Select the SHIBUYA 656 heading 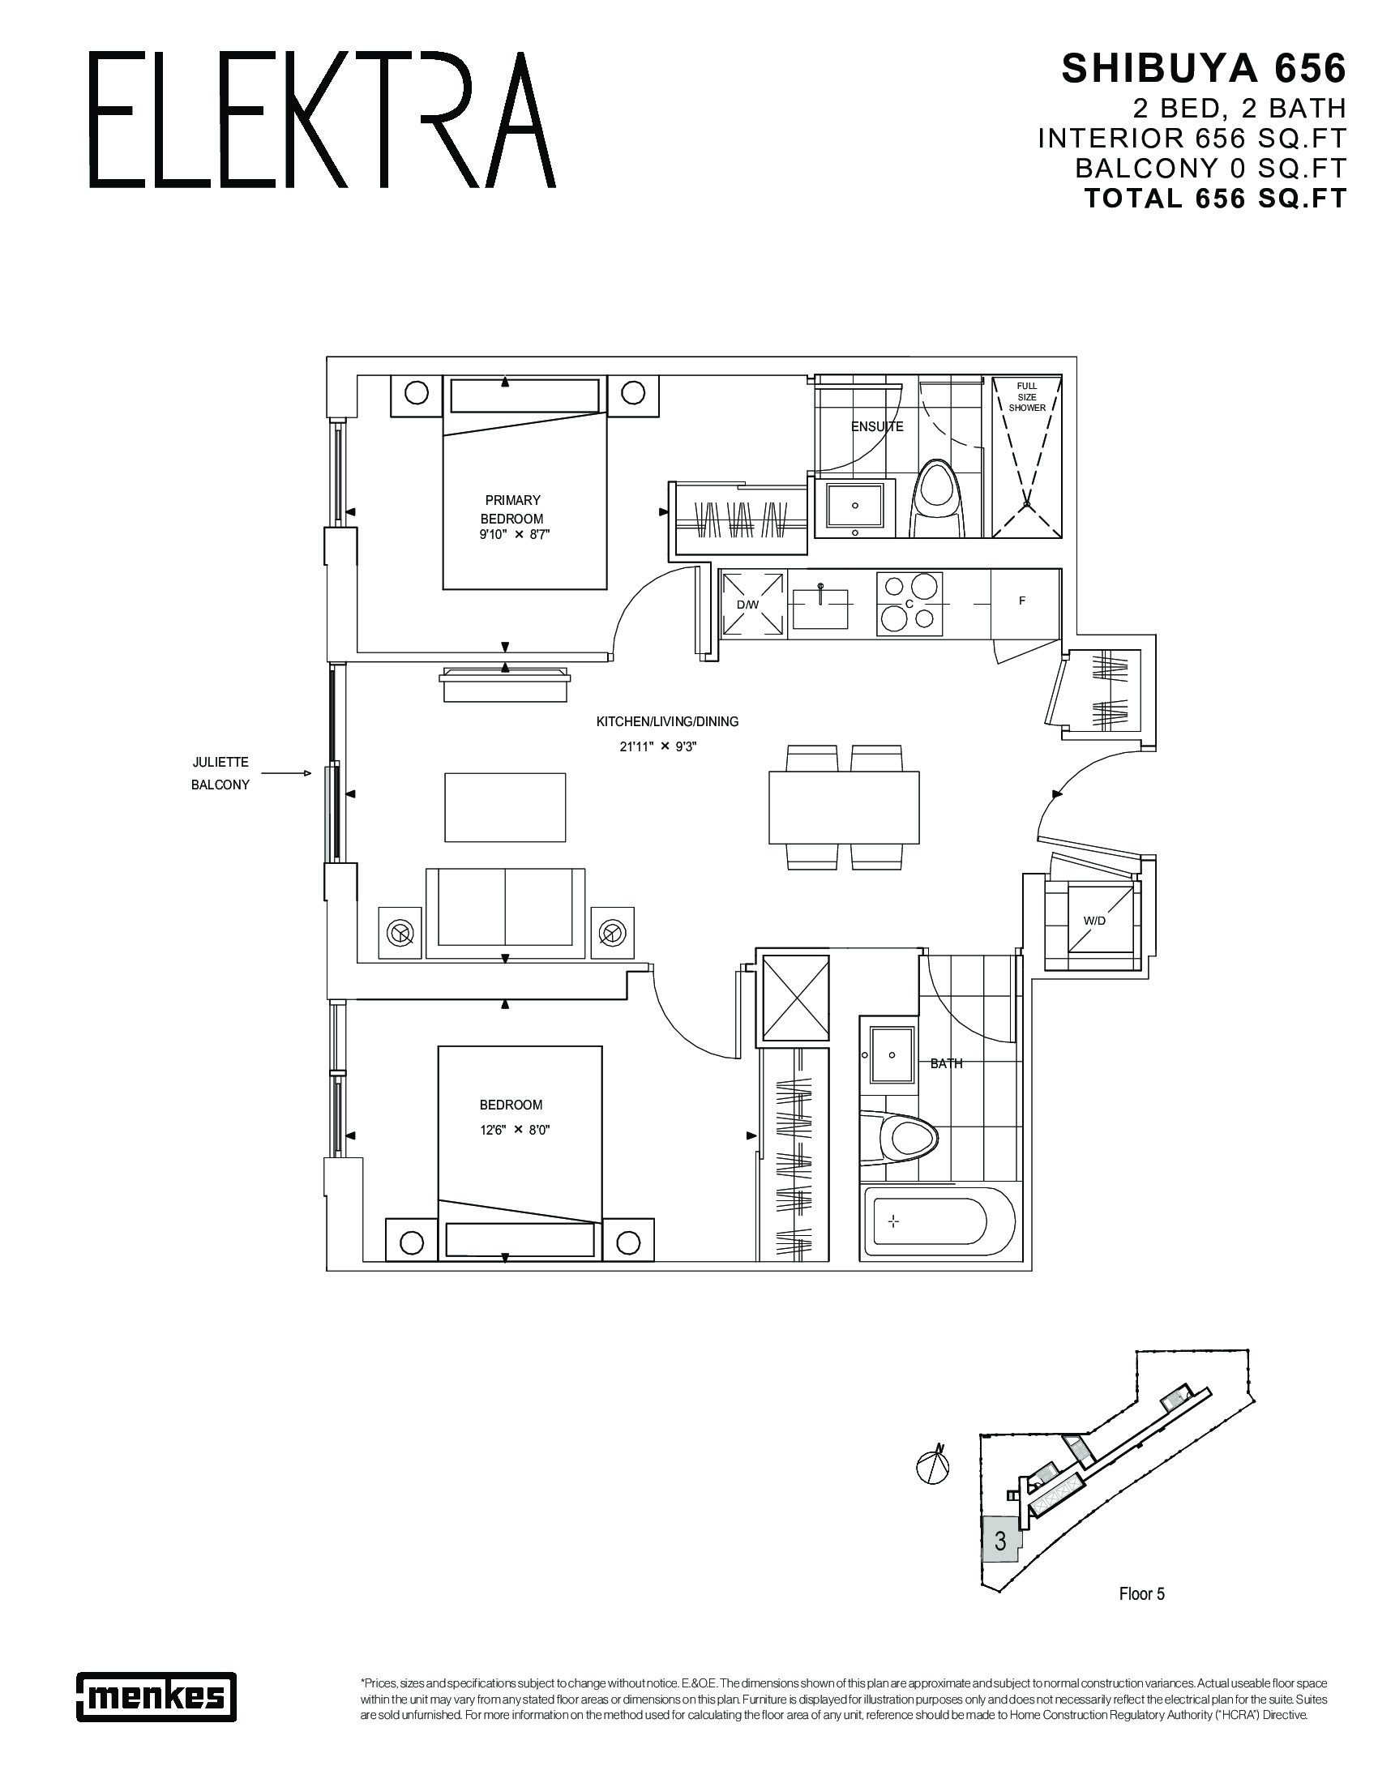[1202, 70]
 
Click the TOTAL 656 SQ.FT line [1214, 199]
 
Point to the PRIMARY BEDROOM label [511, 510]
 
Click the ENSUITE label [877, 426]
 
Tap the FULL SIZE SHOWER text [1027, 397]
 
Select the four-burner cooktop [909, 604]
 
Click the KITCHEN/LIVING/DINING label [667, 721]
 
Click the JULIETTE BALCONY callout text [220, 773]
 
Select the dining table [843, 807]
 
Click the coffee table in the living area [504, 807]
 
